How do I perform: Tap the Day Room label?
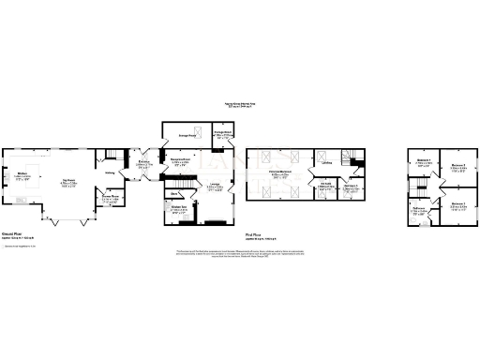tap(68, 181)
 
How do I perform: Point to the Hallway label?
tap(110, 172)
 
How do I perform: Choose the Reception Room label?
tap(180, 161)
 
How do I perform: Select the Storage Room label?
tap(222, 134)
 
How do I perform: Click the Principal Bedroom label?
tap(278, 172)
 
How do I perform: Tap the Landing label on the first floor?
tap(327, 163)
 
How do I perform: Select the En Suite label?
tap(325, 187)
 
